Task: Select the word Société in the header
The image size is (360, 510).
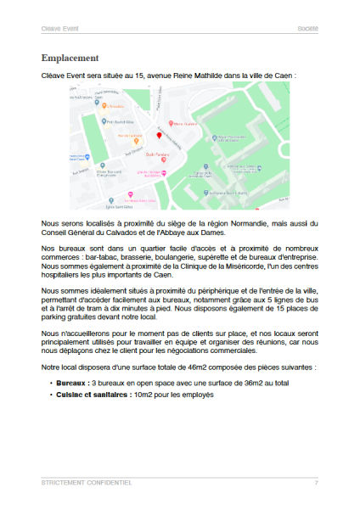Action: click(x=307, y=28)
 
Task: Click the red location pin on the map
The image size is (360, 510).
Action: click(x=158, y=136)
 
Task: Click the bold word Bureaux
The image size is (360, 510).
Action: click(x=69, y=383)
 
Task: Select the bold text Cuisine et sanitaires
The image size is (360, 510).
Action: click(x=84, y=395)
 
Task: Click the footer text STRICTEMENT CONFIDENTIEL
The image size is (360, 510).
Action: click(x=86, y=483)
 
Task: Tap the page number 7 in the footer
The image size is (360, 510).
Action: click(x=316, y=483)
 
